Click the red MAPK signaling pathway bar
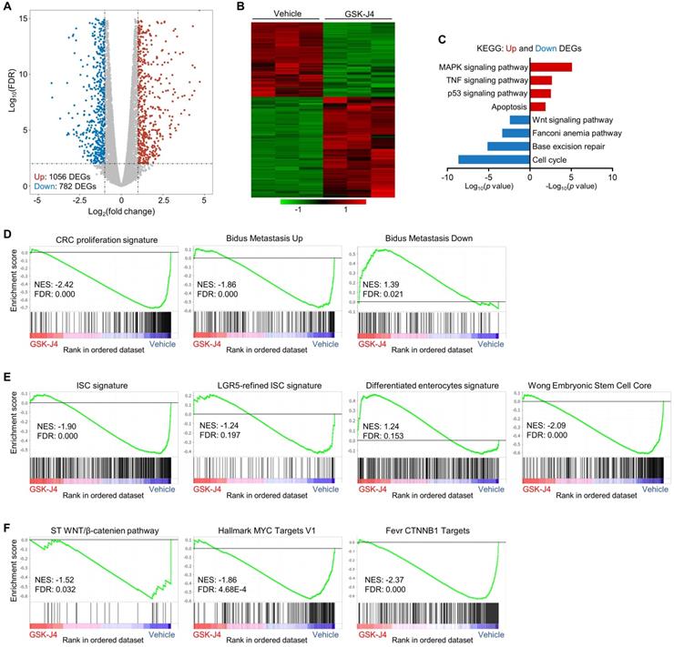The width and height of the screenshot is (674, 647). click(x=551, y=66)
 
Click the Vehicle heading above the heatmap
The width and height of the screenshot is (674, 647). click(x=274, y=10)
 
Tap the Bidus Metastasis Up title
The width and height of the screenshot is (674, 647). click(x=262, y=238)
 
